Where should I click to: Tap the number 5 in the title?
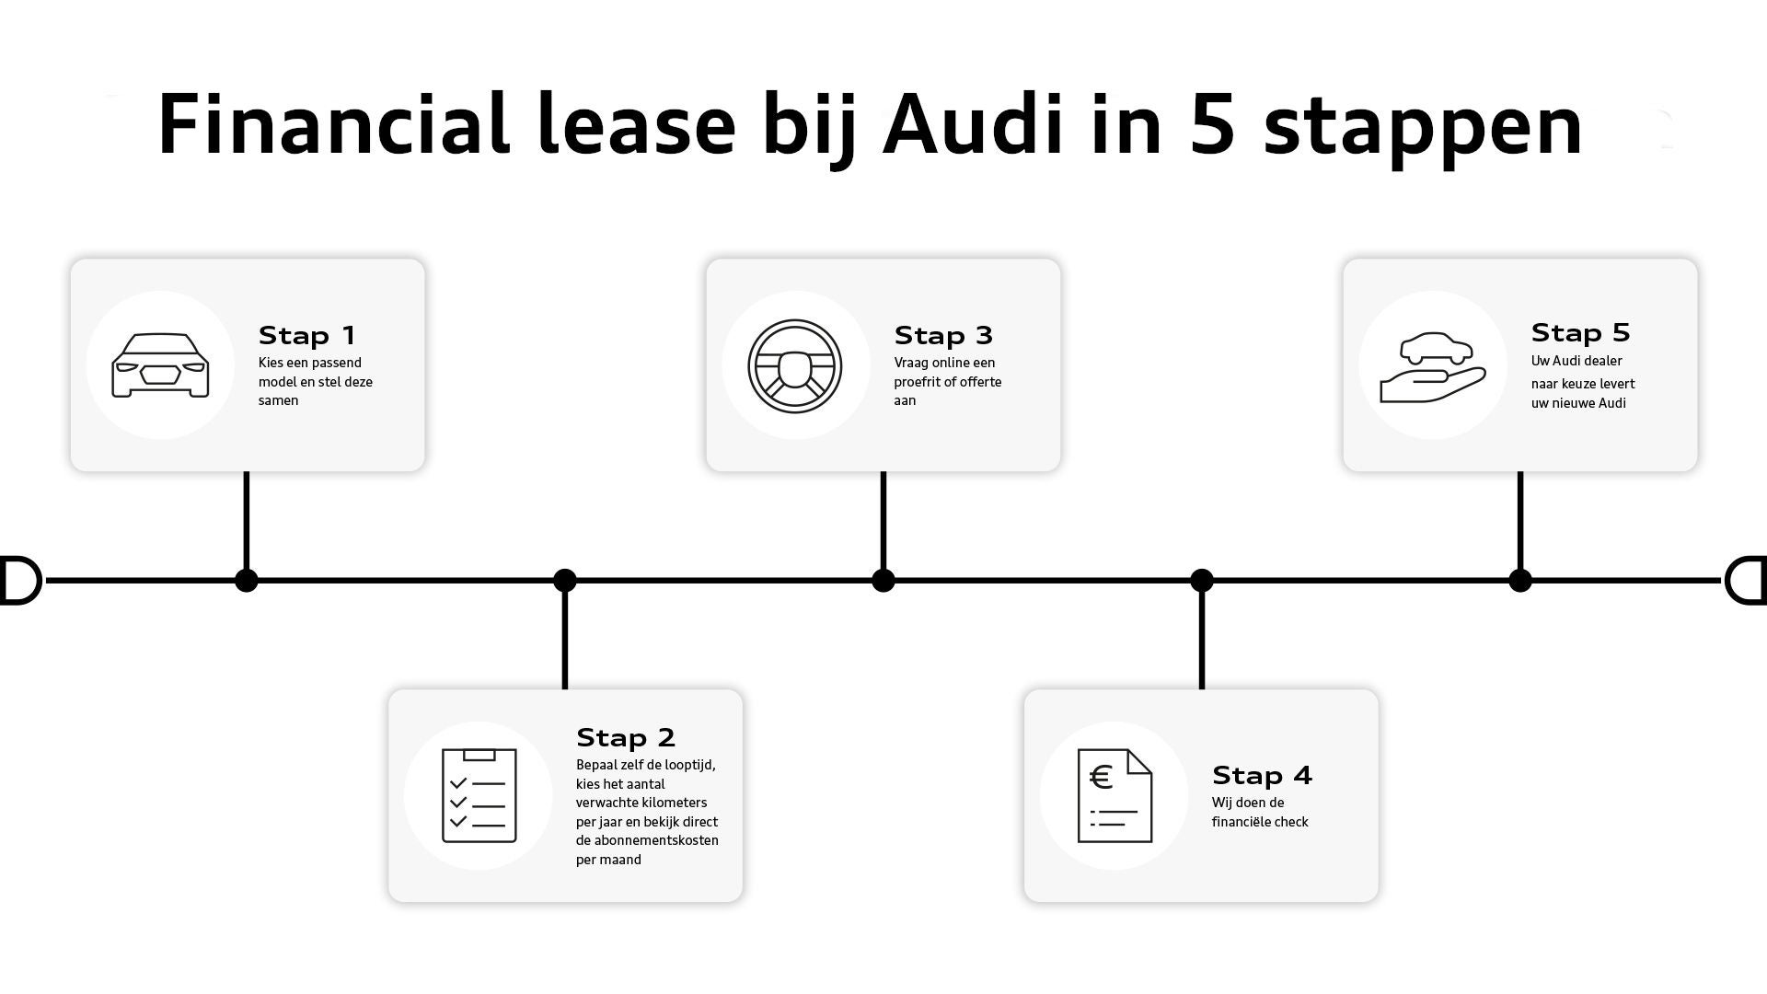tap(1211, 124)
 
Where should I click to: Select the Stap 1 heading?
tap(306, 335)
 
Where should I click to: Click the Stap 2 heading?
tap(626, 737)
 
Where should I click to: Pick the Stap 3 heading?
tap(943, 335)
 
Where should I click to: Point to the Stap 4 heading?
tap(1262, 775)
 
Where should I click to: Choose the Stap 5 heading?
tap(1580, 332)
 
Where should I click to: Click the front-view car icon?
tap(160, 365)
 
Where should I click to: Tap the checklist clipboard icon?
tap(479, 795)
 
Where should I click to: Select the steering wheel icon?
tap(795, 365)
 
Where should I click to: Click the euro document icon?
tap(1114, 795)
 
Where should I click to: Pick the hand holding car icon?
tap(1432, 366)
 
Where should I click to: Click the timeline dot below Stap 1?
tap(247, 580)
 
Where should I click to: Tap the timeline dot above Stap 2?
tap(565, 580)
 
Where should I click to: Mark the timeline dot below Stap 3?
tap(883, 580)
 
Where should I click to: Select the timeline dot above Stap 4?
tap(1202, 580)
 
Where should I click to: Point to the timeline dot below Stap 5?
tap(1520, 580)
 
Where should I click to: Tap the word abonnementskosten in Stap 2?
tap(647, 840)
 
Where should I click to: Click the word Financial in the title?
tap(333, 124)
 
